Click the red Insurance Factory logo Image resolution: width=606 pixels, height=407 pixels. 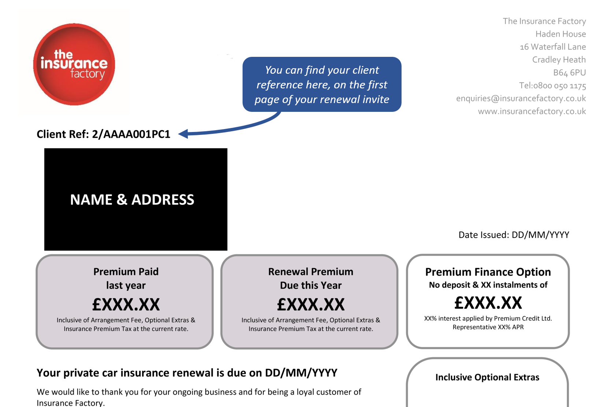point(74,65)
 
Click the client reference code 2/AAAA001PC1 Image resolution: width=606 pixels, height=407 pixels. point(131,134)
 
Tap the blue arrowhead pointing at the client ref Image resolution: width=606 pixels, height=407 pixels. point(184,133)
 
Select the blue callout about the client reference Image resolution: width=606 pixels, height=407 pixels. point(322,84)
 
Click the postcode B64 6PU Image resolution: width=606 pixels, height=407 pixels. point(569,73)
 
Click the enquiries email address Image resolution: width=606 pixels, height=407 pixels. point(521,98)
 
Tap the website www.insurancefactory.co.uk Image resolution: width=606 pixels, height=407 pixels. point(532,111)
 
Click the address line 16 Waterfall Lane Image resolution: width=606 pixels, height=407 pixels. point(553,47)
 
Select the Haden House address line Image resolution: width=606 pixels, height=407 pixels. point(561,34)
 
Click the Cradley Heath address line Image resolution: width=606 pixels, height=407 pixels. point(559,59)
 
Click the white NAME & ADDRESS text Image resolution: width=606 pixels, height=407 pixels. point(132,199)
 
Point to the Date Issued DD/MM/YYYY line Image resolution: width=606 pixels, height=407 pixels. point(514,235)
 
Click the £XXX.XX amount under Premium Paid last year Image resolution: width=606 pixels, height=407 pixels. point(126,304)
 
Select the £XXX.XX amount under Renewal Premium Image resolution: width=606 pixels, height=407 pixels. point(311,304)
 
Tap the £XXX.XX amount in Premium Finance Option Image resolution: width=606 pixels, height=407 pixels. point(488,303)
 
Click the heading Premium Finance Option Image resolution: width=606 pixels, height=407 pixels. point(488,272)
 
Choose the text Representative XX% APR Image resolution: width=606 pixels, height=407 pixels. point(488,327)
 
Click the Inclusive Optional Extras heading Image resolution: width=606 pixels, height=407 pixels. point(487,377)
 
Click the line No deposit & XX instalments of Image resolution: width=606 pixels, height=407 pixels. point(488,285)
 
